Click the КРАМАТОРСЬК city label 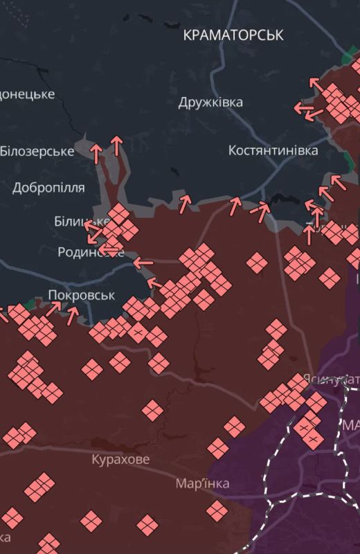(x=233, y=35)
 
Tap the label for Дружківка (x=210, y=102)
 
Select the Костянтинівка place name (x=273, y=150)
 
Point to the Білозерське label (x=36, y=151)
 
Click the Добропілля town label (x=48, y=188)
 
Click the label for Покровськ (x=81, y=295)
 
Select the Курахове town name (x=120, y=458)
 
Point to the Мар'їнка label (x=202, y=483)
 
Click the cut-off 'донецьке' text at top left (x=27, y=94)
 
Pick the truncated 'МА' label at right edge (x=350, y=424)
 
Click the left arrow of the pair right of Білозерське (x=97, y=152)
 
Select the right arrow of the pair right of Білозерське (x=116, y=145)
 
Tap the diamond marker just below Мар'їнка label (x=217, y=511)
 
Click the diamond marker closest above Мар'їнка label (x=218, y=448)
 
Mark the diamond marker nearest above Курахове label (x=152, y=410)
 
